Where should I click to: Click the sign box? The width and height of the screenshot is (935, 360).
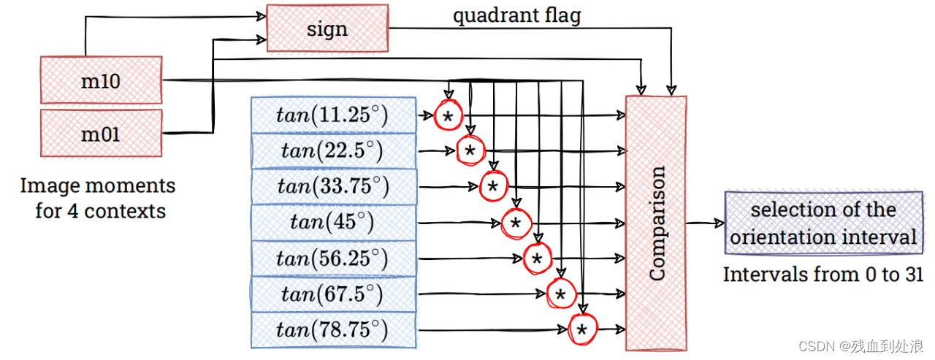point(327,29)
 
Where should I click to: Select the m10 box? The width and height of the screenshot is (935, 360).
point(101,81)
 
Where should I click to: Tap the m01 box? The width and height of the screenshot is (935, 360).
point(101,134)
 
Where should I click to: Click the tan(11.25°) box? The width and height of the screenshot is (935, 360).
point(332,115)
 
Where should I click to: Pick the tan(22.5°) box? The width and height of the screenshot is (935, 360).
point(332,151)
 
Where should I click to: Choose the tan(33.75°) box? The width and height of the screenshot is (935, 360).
point(332,187)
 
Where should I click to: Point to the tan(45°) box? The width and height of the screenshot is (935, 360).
point(332,223)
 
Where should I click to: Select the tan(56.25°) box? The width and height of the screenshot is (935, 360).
point(332,258)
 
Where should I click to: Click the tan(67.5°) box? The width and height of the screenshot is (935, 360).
point(332,294)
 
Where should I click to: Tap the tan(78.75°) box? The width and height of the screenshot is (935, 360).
point(332,330)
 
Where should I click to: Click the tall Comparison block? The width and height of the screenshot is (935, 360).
point(656,223)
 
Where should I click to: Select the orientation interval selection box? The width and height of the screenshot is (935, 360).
point(823,223)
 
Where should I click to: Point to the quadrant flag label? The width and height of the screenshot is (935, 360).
point(516,15)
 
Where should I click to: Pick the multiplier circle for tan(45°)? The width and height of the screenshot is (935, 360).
point(515,223)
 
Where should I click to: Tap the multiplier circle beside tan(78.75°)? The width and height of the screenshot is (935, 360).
point(582,330)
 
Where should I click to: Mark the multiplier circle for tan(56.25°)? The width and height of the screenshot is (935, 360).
point(537,258)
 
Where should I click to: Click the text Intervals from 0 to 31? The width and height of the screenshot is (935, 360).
point(823,275)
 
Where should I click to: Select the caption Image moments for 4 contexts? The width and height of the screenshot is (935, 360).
point(98,198)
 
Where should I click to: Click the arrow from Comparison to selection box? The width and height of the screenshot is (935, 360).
point(705,223)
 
